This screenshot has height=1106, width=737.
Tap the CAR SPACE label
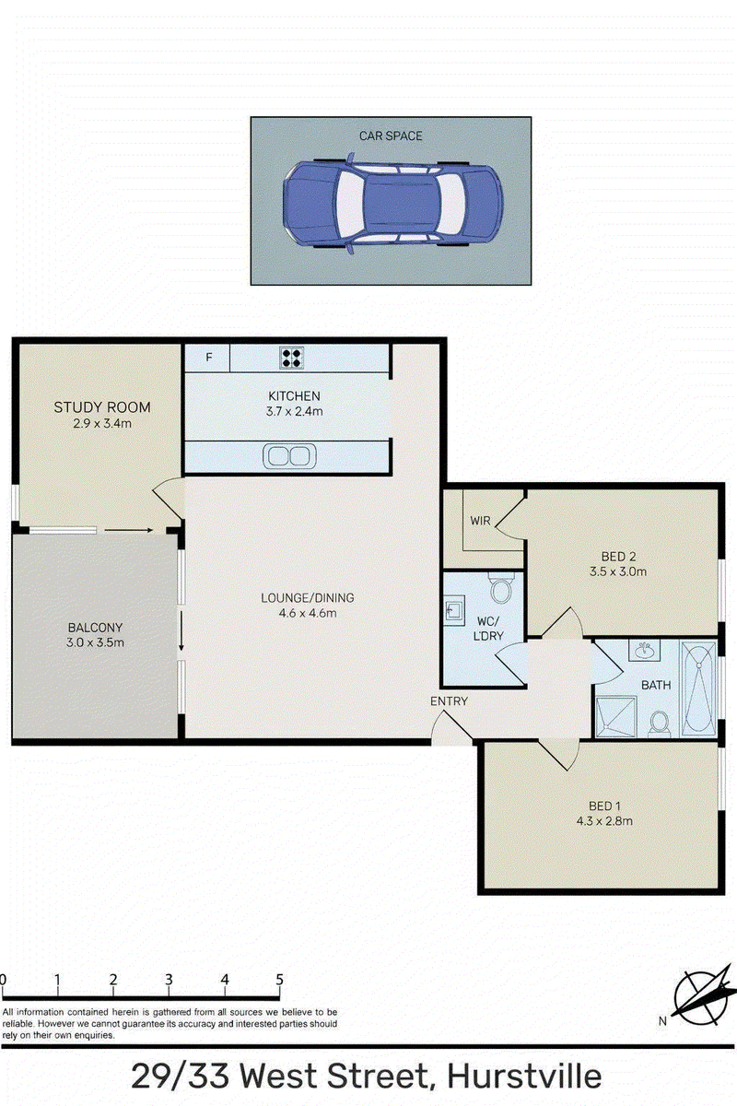tap(391, 135)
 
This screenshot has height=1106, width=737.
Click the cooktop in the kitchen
tap(291, 358)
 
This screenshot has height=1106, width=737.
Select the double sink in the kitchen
tap(289, 455)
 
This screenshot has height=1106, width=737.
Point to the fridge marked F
tap(207, 358)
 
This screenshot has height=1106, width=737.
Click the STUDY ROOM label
tap(102, 407)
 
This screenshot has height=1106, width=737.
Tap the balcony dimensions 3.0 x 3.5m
tap(95, 643)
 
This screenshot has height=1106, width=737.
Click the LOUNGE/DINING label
tap(308, 598)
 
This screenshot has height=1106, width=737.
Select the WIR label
tap(480, 521)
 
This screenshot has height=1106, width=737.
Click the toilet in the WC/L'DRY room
tap(501, 588)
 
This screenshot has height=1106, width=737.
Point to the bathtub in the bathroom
tap(698, 688)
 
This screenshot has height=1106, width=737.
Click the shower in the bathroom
tap(616, 717)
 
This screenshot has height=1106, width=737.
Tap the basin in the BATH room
tap(645, 651)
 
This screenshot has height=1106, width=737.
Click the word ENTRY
tap(449, 701)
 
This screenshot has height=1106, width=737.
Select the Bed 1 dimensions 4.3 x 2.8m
tap(604, 821)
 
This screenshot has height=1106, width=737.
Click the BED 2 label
tap(618, 557)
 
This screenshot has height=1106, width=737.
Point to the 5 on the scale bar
tap(279, 980)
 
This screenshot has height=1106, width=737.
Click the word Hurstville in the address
tap(524, 1077)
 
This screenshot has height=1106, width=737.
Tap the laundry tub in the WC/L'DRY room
tap(454, 610)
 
